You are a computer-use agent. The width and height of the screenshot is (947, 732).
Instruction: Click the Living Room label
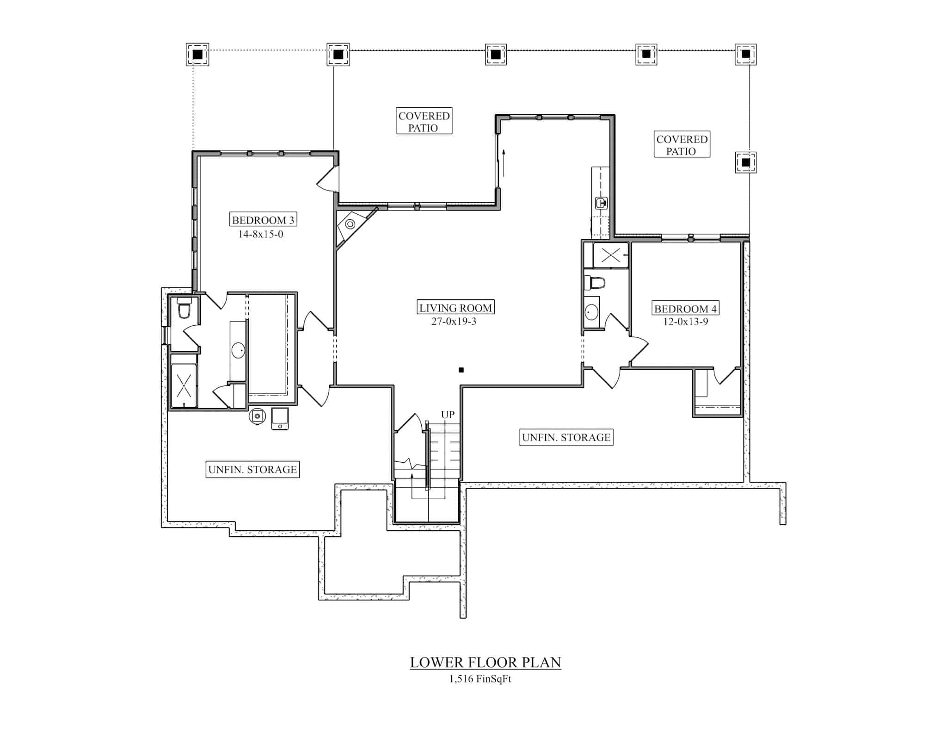[x=456, y=307]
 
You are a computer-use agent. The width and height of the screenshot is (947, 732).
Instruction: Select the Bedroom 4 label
[x=685, y=308]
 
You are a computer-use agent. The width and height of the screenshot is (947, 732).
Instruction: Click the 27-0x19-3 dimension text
[x=454, y=321]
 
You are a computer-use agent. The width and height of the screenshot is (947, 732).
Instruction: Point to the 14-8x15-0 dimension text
[x=261, y=234]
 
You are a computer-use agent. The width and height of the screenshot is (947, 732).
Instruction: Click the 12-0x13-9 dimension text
[x=685, y=322]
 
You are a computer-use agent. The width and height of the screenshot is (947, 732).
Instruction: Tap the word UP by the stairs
[x=448, y=415]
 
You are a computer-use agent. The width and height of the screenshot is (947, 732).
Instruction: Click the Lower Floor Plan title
[x=486, y=662]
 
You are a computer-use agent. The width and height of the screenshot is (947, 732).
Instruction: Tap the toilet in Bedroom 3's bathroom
[x=184, y=309]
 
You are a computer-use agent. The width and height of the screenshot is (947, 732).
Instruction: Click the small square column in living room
[x=461, y=370]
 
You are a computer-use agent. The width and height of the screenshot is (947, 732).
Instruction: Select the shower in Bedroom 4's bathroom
[x=610, y=255]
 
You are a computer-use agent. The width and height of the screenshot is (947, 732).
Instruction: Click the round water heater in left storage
[x=257, y=416]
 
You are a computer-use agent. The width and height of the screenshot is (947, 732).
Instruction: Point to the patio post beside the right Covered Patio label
[x=745, y=162]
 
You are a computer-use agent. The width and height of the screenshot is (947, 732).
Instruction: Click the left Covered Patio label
[x=424, y=121]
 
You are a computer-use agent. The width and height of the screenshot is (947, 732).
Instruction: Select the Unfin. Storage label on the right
[x=566, y=437]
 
